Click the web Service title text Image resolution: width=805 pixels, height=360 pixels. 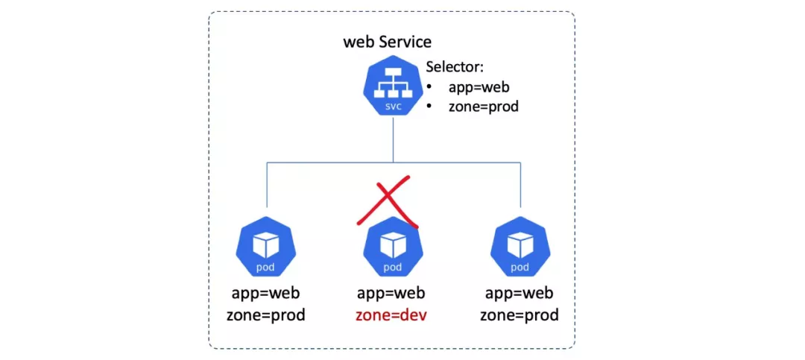coord(387,41)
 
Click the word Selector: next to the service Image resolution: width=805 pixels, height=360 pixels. coord(455,67)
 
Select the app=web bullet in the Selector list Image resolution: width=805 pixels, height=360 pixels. coord(479,87)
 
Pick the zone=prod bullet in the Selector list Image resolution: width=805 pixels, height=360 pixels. coord(483,107)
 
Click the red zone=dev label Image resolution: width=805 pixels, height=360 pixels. coord(392,315)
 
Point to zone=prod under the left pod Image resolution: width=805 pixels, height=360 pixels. coord(265,315)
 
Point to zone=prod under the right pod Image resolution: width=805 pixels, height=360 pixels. coord(519,315)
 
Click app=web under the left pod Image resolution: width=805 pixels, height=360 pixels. coord(265,292)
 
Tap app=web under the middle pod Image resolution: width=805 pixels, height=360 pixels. coord(392,292)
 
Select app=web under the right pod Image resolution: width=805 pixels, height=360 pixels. coord(519,292)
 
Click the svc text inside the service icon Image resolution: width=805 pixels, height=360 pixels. coord(393,107)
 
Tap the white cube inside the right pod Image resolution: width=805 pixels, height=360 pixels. coord(520,244)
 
